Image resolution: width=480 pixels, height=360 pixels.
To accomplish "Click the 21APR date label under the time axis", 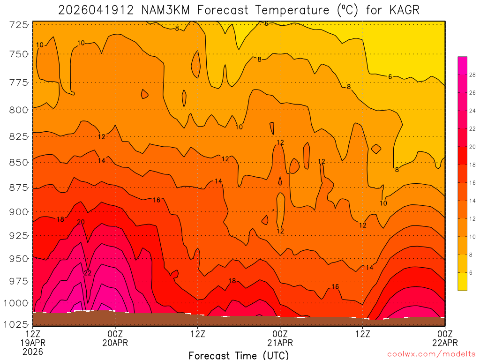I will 280,343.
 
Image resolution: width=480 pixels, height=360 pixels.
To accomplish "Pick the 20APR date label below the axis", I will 115,343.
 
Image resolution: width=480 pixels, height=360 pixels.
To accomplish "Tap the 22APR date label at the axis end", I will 444,343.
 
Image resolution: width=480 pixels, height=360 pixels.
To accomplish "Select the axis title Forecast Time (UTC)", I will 239,355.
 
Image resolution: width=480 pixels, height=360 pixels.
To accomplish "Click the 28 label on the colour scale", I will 472,75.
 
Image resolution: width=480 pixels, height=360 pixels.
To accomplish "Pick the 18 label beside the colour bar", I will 472,165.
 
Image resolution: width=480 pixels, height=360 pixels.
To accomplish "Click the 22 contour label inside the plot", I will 88,273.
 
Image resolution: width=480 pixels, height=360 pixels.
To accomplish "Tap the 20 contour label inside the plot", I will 81,222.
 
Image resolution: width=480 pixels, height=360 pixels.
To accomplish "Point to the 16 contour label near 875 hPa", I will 157,200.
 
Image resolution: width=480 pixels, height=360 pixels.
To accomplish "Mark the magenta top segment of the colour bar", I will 462,61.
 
